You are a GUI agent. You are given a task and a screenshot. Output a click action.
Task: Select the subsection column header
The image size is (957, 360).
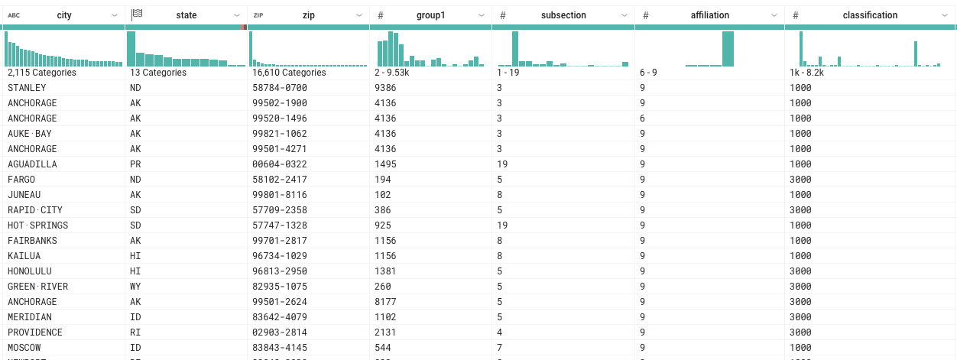click(x=563, y=15)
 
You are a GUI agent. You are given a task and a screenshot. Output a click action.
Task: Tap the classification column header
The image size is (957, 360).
click(x=870, y=15)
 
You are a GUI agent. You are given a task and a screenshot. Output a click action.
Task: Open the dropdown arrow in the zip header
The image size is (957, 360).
click(x=358, y=15)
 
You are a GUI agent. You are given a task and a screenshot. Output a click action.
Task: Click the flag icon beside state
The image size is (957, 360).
click(x=137, y=15)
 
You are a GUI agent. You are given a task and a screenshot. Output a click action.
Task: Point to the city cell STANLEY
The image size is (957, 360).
click(x=27, y=88)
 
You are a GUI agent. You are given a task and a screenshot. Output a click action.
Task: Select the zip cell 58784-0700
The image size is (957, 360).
click(x=280, y=88)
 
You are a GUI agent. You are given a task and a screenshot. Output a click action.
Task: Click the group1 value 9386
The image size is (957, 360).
click(x=386, y=88)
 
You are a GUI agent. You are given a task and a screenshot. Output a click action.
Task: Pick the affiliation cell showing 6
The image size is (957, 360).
click(x=643, y=118)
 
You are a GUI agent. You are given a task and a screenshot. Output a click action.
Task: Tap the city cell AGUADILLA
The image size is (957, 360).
click(x=32, y=164)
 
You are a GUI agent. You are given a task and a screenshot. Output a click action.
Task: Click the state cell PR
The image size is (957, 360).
click(x=135, y=164)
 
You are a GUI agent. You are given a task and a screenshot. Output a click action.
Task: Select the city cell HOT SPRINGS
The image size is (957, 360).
click(x=37, y=225)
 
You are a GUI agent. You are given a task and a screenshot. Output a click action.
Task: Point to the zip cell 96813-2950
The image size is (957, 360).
click(x=280, y=271)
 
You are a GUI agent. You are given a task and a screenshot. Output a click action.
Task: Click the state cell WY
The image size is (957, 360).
click(x=136, y=287)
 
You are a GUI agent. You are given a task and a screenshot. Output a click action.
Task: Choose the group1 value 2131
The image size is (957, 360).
click(x=386, y=332)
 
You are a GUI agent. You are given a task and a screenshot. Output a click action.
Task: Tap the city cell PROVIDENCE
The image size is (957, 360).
click(x=35, y=332)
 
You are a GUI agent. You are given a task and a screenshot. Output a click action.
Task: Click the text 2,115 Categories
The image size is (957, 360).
click(x=42, y=73)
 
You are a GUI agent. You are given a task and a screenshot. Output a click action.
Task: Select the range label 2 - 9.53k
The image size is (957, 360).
click(x=394, y=73)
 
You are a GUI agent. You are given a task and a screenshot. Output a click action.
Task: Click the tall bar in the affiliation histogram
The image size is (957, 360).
click(x=728, y=49)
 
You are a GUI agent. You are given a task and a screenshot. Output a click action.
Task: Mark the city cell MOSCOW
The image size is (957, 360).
click(x=24, y=348)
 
